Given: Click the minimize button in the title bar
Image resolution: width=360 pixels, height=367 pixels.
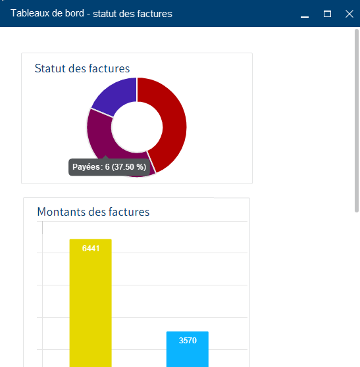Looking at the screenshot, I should pyautogui.click(x=304, y=14).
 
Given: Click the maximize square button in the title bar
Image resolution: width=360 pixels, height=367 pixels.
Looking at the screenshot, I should pyautogui.click(x=327, y=14).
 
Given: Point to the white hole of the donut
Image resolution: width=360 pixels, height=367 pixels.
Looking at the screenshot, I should pyautogui.click(x=137, y=127).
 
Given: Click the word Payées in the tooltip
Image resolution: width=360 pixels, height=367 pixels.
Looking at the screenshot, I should pyautogui.click(x=86, y=168).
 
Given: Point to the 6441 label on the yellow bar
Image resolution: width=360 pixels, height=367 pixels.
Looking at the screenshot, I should pyautogui.click(x=91, y=248).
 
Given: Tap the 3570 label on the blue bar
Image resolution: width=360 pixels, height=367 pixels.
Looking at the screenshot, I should pyautogui.click(x=188, y=341).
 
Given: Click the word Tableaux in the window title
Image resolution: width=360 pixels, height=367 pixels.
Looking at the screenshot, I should pyautogui.click(x=31, y=14).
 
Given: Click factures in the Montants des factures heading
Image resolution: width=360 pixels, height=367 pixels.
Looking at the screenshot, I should pyautogui.click(x=128, y=212).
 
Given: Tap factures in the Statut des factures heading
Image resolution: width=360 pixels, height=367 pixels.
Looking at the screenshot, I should pyautogui.click(x=109, y=68).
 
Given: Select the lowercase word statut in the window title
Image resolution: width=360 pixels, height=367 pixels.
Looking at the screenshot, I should pyautogui.click(x=113, y=14).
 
